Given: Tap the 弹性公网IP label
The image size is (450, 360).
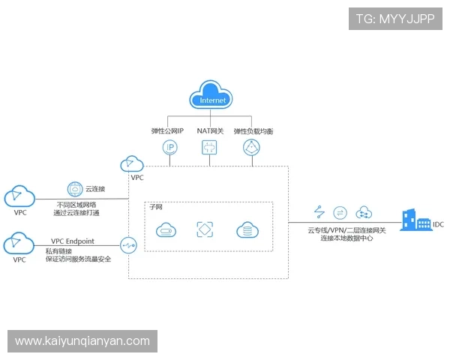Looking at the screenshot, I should tap(167, 130).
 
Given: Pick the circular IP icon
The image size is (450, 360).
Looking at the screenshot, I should tap(170, 147).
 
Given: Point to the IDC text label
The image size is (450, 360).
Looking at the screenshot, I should tap(438, 223).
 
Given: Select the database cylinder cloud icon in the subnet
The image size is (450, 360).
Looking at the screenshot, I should tap(247, 230).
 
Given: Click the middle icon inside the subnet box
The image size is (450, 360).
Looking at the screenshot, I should tap(205, 230).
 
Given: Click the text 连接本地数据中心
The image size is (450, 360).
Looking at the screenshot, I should tap(346, 238).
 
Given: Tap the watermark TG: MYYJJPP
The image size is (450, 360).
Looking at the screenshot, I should tap(394, 19).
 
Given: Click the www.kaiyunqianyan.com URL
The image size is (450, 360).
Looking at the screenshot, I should tap(82, 341).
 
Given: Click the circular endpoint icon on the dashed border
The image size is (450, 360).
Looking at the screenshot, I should tap(128, 244).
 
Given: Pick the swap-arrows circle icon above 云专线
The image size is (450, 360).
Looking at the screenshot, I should tap(340, 212).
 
